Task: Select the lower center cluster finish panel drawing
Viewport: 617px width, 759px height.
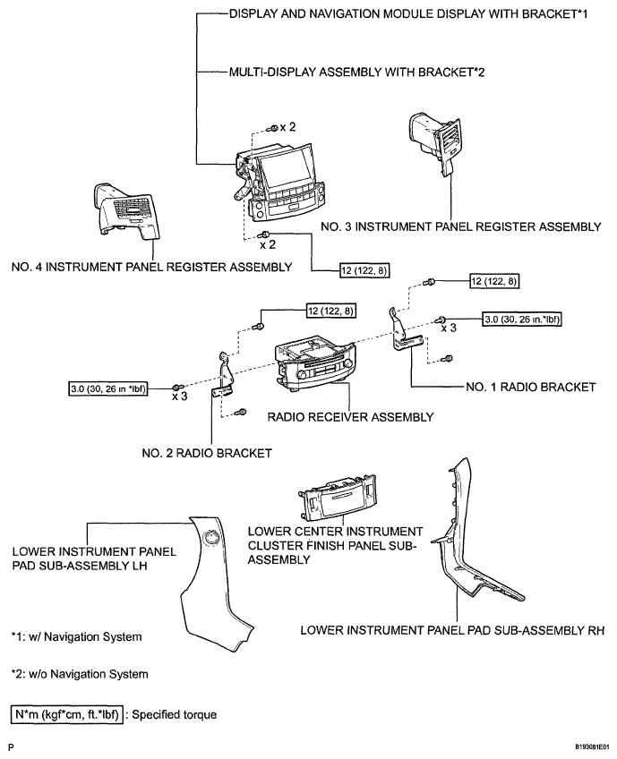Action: click(x=338, y=496)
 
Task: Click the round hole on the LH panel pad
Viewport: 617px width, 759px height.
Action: click(x=210, y=537)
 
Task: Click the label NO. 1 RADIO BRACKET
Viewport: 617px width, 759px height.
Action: click(x=531, y=388)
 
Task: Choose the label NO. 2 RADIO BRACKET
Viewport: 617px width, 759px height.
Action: click(x=207, y=453)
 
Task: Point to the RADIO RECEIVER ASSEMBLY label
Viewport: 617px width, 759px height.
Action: click(x=351, y=417)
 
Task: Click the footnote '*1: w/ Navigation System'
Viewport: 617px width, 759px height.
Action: click(x=76, y=637)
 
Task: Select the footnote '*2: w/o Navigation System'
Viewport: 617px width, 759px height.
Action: click(x=80, y=674)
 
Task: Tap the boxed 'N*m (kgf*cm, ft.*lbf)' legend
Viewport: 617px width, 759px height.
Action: click(x=67, y=715)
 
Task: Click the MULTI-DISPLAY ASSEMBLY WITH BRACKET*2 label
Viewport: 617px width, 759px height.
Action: click(x=357, y=72)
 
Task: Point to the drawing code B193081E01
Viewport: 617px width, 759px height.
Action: click(x=592, y=746)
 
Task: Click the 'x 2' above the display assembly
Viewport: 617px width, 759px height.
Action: click(x=287, y=127)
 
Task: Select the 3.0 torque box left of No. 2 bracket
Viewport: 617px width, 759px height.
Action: click(x=108, y=388)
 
